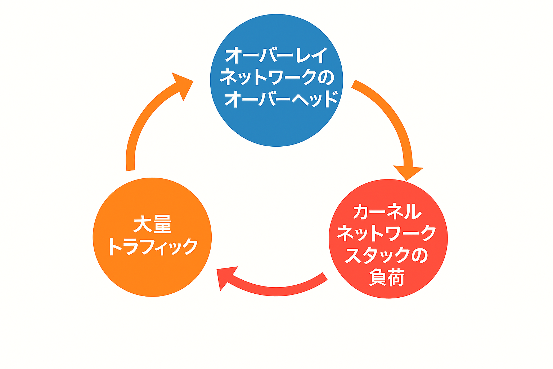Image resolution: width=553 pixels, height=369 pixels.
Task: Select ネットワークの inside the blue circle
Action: pos(276,77)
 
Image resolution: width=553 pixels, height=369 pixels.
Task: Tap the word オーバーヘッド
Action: pos(281,98)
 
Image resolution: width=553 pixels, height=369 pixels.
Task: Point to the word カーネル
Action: pos(387,212)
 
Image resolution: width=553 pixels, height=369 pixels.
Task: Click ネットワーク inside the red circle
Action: pos(387,233)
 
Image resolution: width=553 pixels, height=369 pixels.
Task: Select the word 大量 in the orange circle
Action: pos(152,224)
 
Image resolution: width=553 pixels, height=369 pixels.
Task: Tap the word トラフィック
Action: pos(153,246)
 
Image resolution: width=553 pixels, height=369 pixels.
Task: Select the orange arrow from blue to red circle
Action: pos(391,115)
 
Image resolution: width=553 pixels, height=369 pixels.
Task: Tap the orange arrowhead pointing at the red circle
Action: pos(408,172)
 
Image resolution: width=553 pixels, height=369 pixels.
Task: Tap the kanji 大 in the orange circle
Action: pos(143,224)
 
